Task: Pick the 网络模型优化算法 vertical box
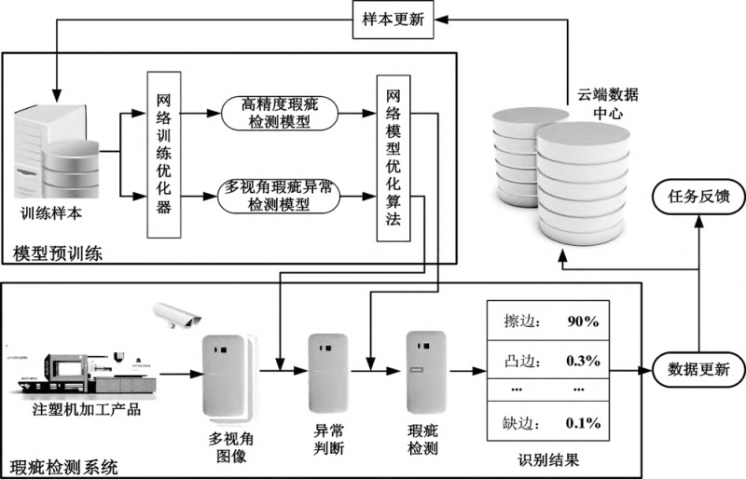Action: click(393, 158)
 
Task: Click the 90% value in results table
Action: click(582, 322)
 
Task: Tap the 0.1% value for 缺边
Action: click(582, 422)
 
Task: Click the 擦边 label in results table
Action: click(514, 322)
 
